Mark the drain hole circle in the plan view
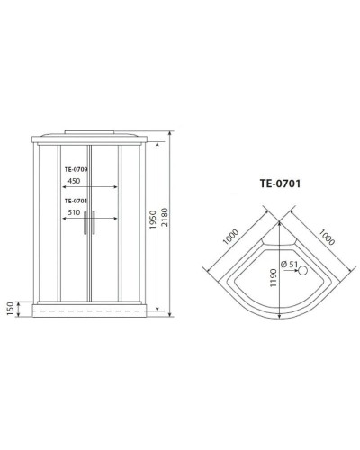point(303,269)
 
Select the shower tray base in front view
point(88,309)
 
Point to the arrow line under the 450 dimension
point(90,187)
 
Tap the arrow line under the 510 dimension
point(90,220)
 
